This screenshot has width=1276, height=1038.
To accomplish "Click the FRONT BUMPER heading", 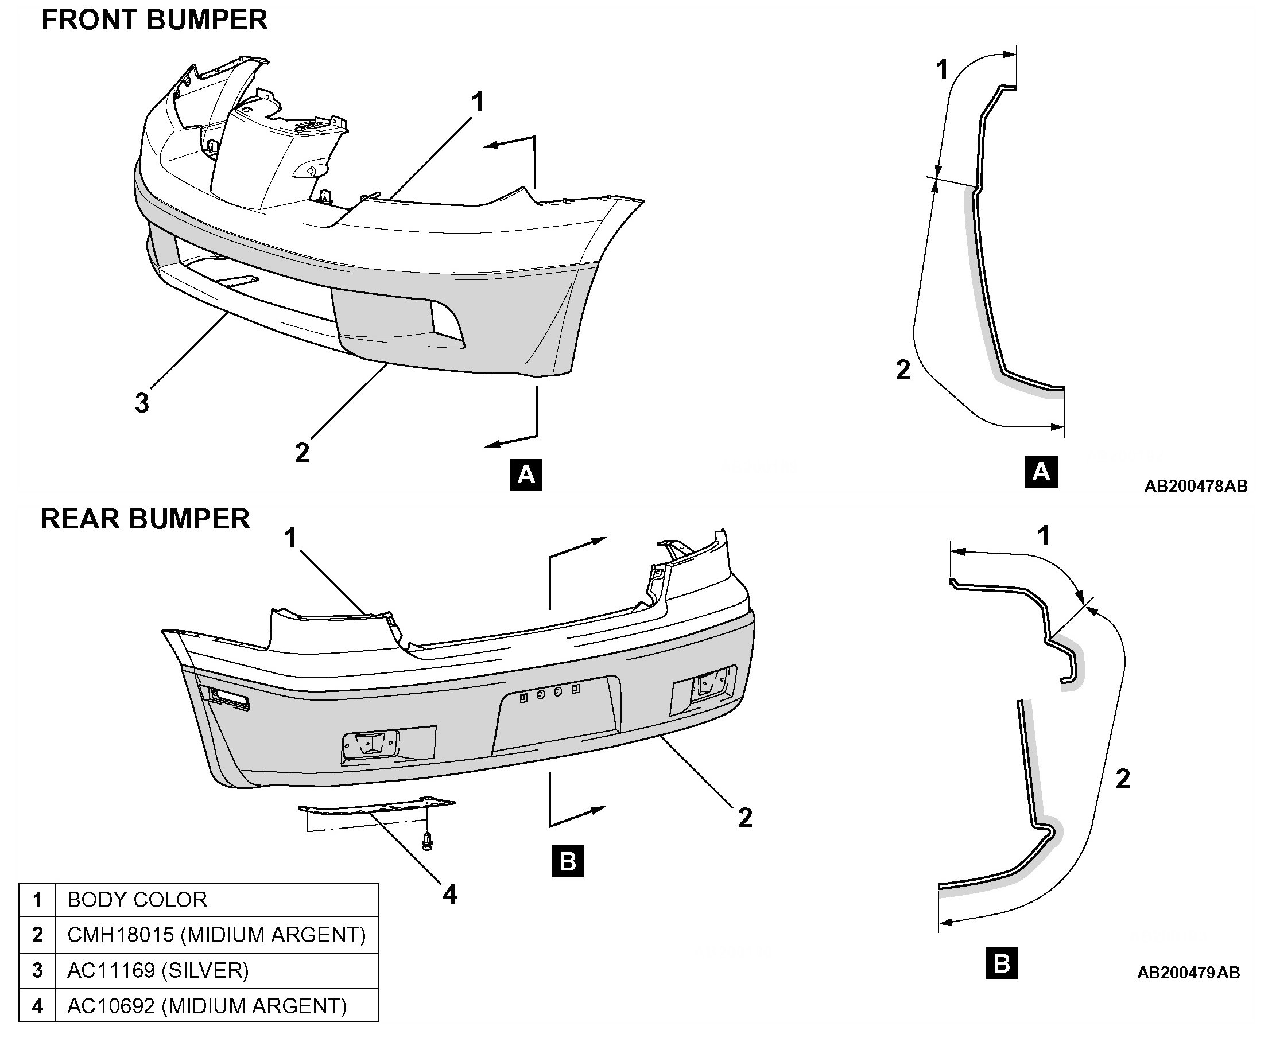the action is [x=154, y=20].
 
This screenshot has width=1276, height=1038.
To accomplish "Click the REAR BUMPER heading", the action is [x=145, y=518].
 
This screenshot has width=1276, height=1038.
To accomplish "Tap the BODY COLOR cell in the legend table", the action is [x=216, y=900].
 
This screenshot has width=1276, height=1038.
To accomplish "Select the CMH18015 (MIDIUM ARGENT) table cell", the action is [x=216, y=935].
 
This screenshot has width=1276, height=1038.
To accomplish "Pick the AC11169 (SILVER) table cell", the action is [x=216, y=970].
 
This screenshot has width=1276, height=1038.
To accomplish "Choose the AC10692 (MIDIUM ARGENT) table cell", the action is [x=216, y=1005].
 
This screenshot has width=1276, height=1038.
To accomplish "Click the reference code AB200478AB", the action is [x=1196, y=486].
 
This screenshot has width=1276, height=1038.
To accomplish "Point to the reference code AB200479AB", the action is [x=1189, y=973].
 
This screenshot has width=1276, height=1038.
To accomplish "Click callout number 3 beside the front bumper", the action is [x=142, y=403].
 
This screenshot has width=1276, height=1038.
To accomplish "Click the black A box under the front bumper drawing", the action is [x=526, y=475].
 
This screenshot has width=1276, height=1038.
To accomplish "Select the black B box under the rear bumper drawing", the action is [x=568, y=862].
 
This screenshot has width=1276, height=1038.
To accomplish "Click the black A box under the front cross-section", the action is [x=1041, y=472].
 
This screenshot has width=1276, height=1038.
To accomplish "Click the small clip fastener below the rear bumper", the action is [x=427, y=840].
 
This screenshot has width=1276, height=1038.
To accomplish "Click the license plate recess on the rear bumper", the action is [x=555, y=713].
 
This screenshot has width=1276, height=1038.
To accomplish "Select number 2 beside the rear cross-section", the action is [x=1123, y=779].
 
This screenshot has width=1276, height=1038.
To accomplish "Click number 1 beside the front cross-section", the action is [x=941, y=69].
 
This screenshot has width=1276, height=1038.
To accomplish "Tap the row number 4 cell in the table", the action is [x=37, y=1005].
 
